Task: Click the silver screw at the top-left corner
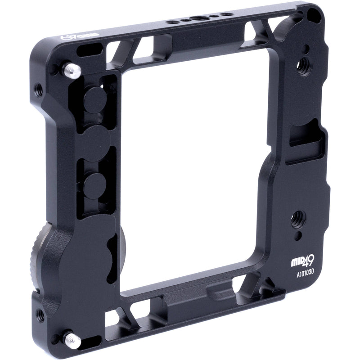70,69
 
